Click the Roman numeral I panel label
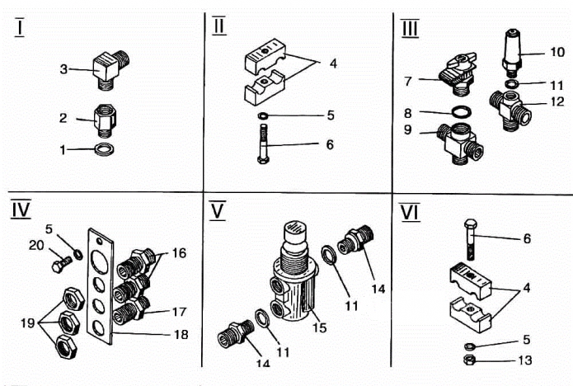20,27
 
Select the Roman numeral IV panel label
21,209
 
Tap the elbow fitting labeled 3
111,69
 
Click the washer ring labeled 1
104,148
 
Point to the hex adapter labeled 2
105,121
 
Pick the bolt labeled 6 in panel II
263,144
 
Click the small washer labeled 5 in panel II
262,115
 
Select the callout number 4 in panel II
333,64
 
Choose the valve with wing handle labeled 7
458,74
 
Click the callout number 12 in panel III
557,101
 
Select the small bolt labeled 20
62,264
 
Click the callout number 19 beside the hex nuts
28,322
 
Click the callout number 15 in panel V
319,327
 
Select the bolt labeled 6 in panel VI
471,239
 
